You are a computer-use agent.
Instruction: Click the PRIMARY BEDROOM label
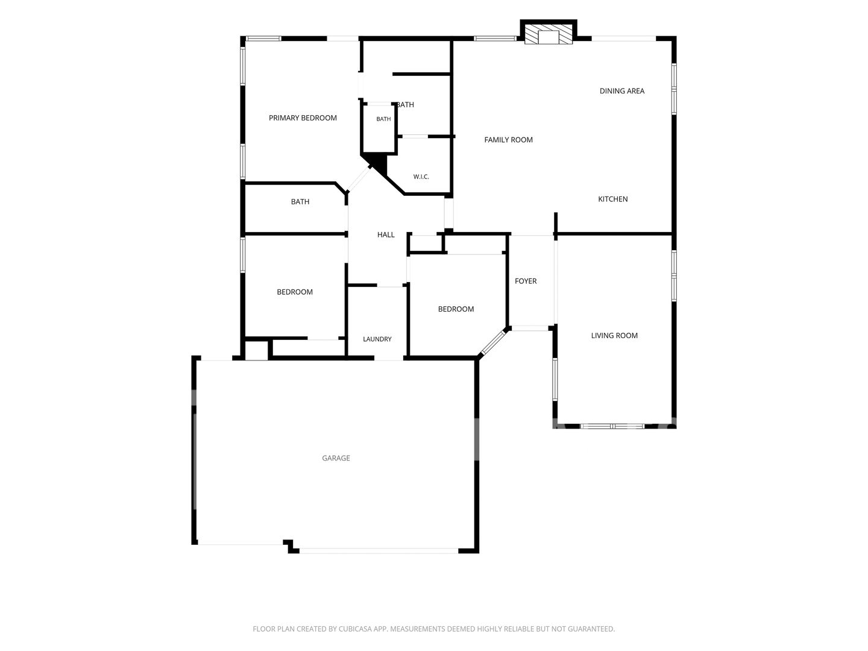point(303,118)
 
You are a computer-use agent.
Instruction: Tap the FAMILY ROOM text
point(508,139)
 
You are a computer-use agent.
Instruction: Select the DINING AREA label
point(621,91)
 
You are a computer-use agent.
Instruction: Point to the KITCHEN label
point(612,199)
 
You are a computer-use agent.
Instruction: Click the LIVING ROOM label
point(614,335)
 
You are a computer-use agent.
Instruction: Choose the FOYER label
point(526,281)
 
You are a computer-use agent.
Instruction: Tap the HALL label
point(386,235)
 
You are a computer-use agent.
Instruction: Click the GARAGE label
point(336,458)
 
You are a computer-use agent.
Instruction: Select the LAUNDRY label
point(377,339)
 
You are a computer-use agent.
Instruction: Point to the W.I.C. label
point(421,177)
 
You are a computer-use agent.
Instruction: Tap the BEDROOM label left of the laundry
point(295,292)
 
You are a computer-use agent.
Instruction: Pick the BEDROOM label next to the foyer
point(456,309)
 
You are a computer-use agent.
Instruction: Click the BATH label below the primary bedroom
point(300,201)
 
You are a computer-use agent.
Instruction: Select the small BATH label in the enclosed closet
point(383,119)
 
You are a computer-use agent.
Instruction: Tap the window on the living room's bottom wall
point(612,426)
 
